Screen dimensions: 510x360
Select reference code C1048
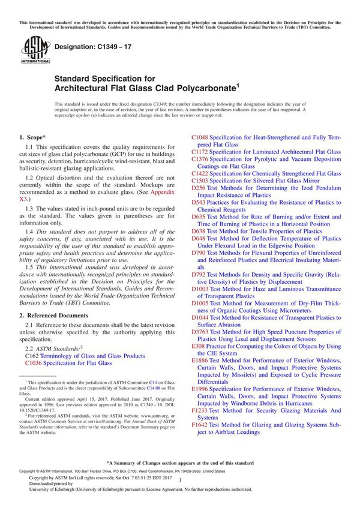200,138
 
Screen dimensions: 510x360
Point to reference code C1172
200,152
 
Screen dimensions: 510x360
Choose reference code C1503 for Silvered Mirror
200,181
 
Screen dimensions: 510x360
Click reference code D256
199,188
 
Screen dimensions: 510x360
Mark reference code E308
198,346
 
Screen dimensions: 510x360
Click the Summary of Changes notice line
179,463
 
